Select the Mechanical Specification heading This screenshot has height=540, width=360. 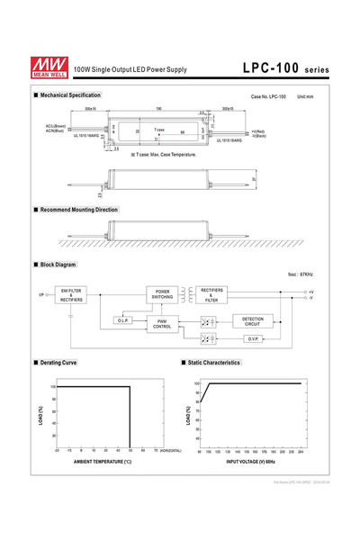click(69, 94)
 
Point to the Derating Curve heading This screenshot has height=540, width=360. click(57, 363)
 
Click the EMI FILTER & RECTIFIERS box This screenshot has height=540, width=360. click(72, 295)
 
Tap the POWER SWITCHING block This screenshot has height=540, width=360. click(162, 295)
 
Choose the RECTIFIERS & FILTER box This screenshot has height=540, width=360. click(217, 295)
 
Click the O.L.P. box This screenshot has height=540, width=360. click(124, 320)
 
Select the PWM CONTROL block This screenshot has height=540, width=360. click(162, 322)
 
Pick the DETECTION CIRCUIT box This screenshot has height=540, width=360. click(252, 320)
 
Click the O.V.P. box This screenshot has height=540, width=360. click(252, 338)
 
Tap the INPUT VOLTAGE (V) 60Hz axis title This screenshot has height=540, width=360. click(250, 462)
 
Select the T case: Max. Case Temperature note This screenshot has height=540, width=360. click(163, 156)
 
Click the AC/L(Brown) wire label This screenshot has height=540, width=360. click(55, 126)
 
